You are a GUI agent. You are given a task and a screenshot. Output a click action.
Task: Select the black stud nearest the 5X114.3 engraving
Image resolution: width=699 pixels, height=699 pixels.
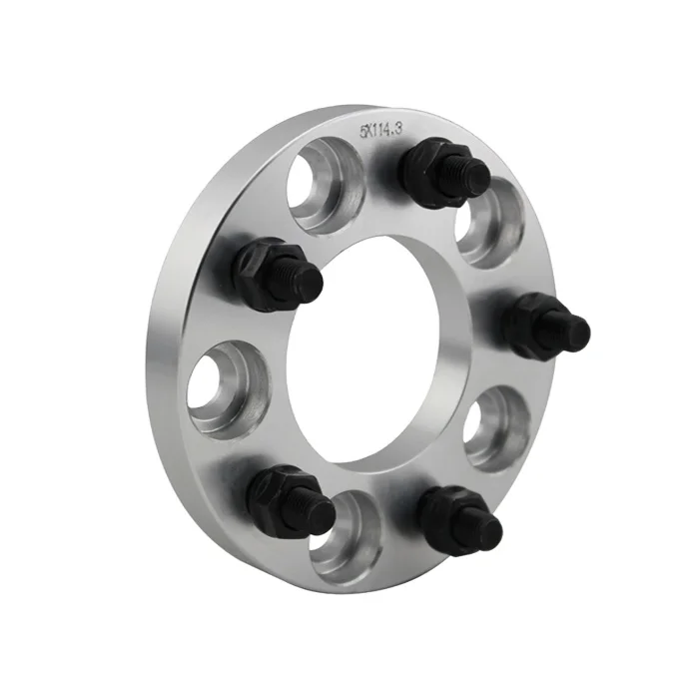(444, 171)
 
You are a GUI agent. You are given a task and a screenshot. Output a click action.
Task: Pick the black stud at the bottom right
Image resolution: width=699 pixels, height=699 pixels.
(459, 518)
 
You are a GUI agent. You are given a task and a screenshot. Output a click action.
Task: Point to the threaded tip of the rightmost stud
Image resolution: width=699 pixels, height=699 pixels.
(575, 329)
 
